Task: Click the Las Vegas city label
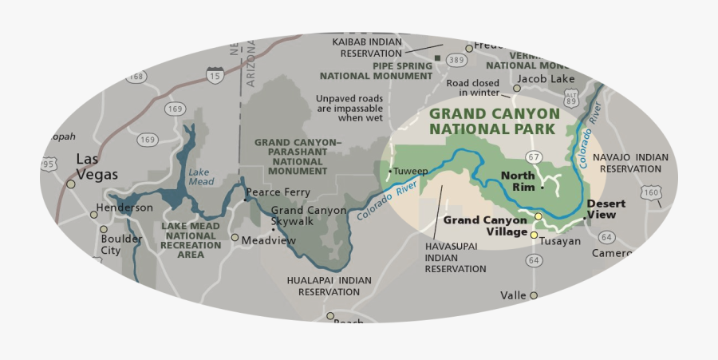(x=97, y=166)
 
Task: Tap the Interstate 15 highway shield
(x=213, y=76)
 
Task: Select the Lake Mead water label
(x=200, y=176)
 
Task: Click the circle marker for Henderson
(x=93, y=213)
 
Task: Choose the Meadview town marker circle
(x=235, y=237)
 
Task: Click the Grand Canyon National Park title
(x=494, y=121)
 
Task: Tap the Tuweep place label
(x=411, y=171)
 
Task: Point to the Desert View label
(x=606, y=208)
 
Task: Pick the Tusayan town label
(x=560, y=241)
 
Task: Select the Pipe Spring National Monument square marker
(x=437, y=57)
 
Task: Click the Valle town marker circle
(x=534, y=295)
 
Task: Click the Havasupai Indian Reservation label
(x=455, y=258)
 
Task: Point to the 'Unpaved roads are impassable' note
(x=349, y=108)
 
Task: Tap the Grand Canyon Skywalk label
(x=297, y=216)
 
